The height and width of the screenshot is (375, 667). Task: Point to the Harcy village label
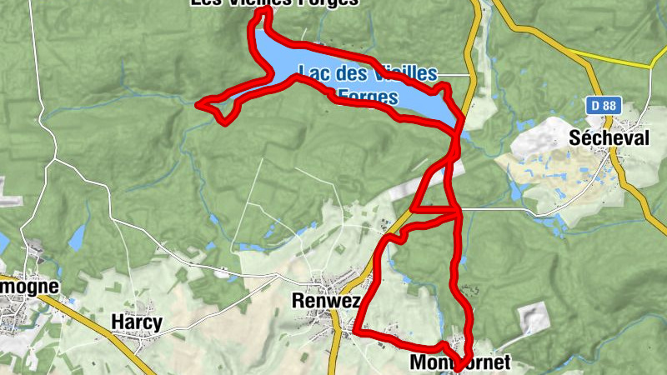point(136,322)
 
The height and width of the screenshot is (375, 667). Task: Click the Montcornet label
point(459,363)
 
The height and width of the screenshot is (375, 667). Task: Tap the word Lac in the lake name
point(318,73)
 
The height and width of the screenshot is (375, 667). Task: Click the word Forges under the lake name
point(367,95)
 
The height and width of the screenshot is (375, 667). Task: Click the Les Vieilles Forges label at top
point(275,3)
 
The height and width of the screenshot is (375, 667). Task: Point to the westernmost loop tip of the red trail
point(198,104)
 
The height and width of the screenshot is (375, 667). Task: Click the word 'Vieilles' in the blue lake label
point(405,73)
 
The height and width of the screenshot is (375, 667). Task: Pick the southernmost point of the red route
point(459,366)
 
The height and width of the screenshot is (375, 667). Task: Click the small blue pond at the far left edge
point(3,242)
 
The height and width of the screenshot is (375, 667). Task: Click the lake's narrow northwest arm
point(263,46)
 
